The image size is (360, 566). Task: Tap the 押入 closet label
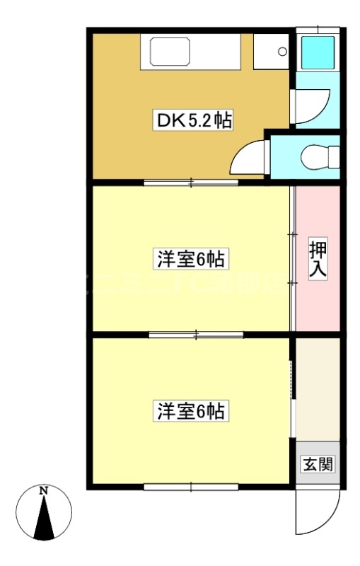[x=317, y=260]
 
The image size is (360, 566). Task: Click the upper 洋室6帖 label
[x=190, y=260]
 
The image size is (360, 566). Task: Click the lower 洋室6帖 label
[x=190, y=410]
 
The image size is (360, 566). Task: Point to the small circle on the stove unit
[x=282, y=52]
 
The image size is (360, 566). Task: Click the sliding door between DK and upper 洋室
[x=192, y=183]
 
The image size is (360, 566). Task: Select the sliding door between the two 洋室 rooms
[x=196, y=333]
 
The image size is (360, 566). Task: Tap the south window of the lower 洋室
[x=191, y=486]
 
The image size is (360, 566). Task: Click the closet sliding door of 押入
[x=293, y=258]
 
